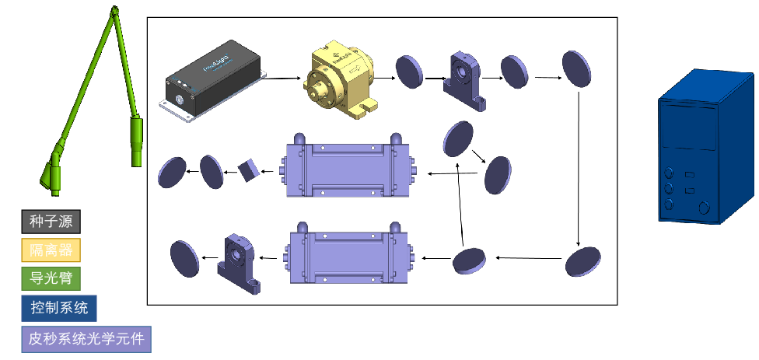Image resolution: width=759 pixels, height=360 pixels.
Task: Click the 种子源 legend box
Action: [51, 222]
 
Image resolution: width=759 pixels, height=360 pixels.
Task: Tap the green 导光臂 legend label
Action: [51, 278]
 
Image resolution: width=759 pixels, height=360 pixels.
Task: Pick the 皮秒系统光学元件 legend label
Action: [86, 338]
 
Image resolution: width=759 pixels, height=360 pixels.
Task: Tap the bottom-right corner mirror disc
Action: [583, 261]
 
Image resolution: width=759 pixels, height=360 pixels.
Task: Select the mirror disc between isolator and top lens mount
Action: [409, 71]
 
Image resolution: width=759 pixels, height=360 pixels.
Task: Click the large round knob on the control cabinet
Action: [705, 207]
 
